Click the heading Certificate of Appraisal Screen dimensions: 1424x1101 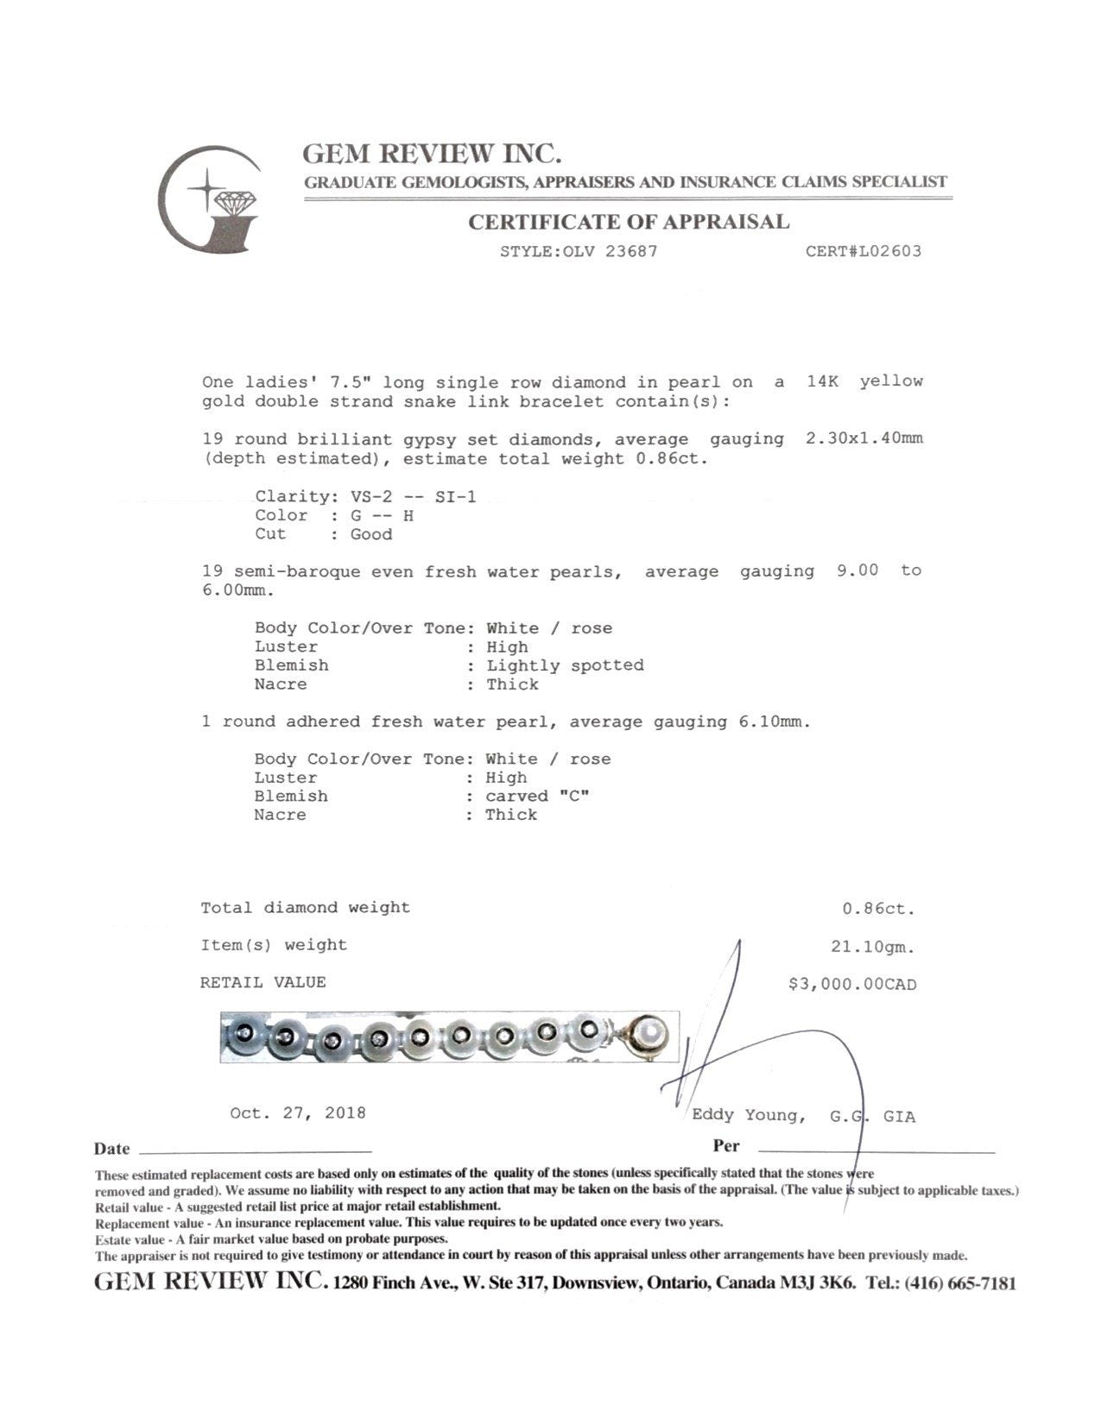coord(629,223)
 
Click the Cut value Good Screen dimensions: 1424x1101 coord(371,535)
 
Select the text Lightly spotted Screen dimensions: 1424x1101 coord(565,665)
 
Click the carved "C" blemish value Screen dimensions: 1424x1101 coord(536,796)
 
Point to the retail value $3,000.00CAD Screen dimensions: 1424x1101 coord(851,984)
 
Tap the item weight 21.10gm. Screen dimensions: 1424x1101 coord(872,947)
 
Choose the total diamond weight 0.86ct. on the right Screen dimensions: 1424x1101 coord(877,909)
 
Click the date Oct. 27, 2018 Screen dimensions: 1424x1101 coord(298,1113)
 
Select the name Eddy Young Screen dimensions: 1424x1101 coord(748,1116)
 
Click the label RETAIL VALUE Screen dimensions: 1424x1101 coord(263,983)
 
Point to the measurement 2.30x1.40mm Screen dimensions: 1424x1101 coord(864,438)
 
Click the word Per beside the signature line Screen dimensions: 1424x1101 coord(726,1146)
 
